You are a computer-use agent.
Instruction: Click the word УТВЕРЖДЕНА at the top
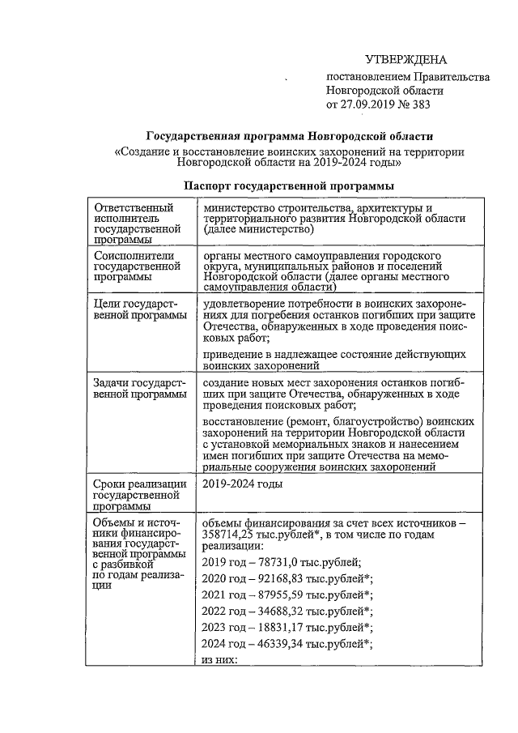pyautogui.click(x=405, y=61)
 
